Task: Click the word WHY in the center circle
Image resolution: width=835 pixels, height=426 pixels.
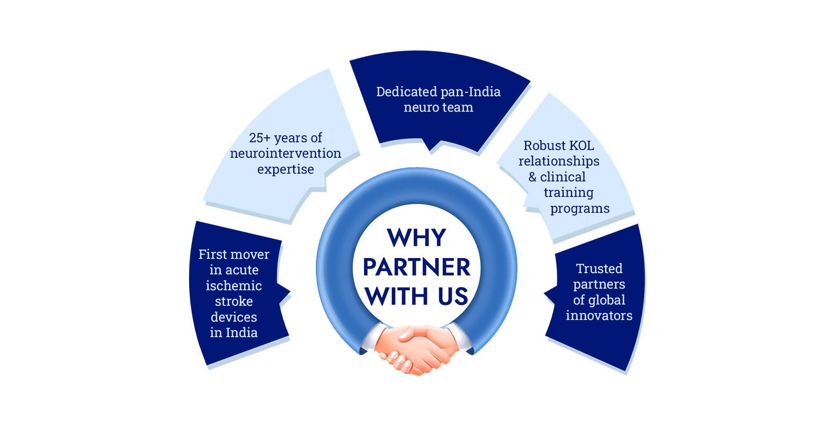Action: (416, 238)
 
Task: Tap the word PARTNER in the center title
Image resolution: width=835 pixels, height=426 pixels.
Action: (416, 267)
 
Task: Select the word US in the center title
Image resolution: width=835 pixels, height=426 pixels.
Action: (453, 296)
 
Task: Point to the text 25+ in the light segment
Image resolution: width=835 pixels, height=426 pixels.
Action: (260, 138)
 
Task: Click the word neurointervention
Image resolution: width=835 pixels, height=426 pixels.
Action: (285, 153)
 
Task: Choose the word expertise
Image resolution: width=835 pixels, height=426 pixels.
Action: (285, 169)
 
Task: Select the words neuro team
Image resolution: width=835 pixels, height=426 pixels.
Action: (438, 107)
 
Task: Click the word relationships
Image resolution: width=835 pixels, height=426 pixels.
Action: (559, 161)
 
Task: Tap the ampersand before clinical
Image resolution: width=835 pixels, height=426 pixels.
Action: (532, 177)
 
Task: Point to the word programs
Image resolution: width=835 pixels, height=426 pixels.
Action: (580, 208)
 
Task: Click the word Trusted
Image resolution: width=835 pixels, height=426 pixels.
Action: (599, 269)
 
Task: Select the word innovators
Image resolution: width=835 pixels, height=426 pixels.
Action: (599, 316)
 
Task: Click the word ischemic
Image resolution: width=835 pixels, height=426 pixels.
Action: (234, 286)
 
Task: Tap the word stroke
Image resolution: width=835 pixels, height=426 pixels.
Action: (234, 301)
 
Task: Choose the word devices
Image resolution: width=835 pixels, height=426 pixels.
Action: (234, 317)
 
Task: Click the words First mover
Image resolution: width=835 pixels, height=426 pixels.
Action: (234, 254)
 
